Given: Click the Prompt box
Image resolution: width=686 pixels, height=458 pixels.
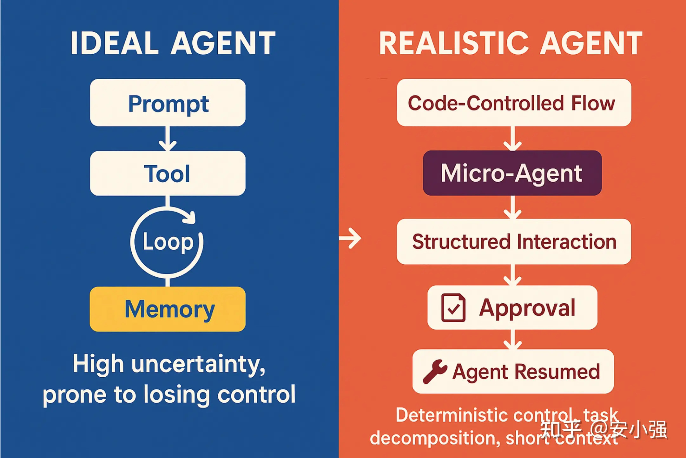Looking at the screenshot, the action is (168, 103).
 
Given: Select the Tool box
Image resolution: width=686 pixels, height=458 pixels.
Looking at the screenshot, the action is (168, 173).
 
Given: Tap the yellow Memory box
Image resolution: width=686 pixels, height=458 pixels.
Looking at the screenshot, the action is (168, 309).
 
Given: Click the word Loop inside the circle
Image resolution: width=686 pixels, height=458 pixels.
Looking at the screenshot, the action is (168, 242).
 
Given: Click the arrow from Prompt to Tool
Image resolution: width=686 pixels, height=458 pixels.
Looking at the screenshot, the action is (168, 139).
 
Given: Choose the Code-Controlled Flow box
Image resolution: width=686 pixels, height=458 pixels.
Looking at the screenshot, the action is (514, 103).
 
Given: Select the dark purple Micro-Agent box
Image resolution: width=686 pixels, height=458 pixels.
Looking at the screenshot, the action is (512, 173).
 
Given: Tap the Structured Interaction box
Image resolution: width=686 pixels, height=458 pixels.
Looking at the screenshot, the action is (514, 241).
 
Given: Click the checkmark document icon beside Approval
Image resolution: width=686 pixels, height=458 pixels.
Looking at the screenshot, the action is (453, 307).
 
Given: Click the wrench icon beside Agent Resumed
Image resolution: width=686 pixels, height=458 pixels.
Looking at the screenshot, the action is (435, 372).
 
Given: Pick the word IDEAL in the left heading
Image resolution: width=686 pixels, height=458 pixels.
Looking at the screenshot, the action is (114, 43).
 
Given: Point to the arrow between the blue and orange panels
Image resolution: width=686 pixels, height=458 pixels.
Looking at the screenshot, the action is (350, 238).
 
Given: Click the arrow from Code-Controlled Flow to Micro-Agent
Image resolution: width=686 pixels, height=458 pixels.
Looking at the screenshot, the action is (512, 139).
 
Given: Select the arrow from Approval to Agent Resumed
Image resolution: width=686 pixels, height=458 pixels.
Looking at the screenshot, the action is (512, 340).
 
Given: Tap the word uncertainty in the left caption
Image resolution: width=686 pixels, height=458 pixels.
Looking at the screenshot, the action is (198, 364).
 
